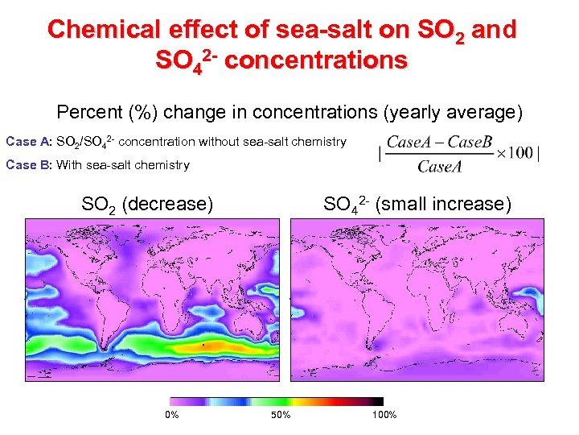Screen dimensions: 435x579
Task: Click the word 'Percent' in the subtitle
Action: point(87,111)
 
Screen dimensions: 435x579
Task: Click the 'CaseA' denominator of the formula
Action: point(440,167)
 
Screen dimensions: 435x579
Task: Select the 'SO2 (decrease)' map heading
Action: point(147,205)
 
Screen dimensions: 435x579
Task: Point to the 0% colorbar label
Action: point(171,415)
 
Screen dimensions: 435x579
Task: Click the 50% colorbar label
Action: point(281,415)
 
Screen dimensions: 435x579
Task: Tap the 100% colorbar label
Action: point(384,415)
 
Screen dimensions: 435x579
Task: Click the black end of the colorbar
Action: point(376,400)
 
